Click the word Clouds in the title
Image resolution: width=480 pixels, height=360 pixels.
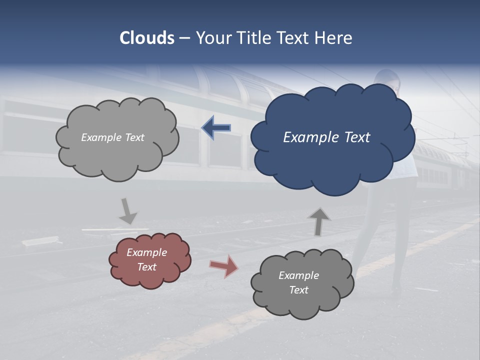pos(147,38)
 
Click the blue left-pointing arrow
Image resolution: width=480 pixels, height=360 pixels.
pos(216,128)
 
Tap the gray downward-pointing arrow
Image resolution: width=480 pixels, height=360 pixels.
pos(127,211)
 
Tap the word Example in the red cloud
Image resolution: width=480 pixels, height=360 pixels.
pos(146,252)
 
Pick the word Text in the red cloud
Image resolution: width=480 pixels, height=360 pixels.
pos(147,267)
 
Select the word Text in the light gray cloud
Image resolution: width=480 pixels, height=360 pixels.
pos(134,137)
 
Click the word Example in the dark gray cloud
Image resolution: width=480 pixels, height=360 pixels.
pos(298,275)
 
